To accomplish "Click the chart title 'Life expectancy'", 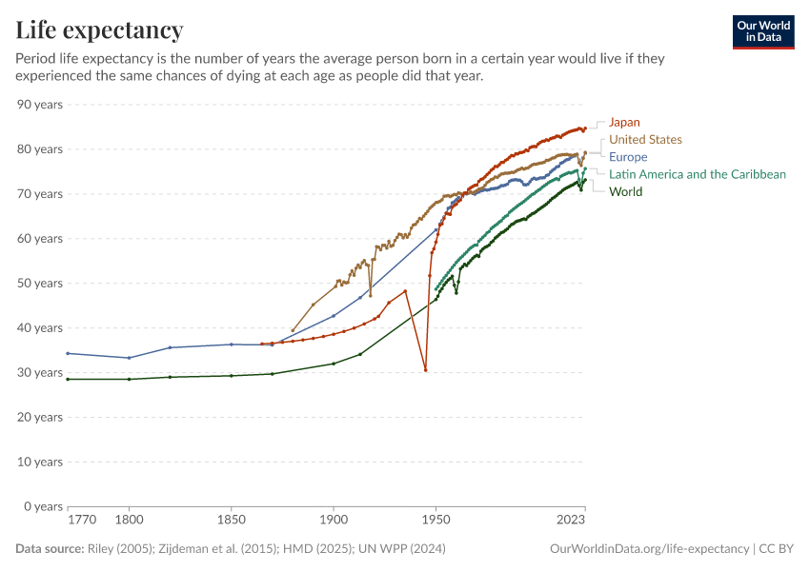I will [99, 30].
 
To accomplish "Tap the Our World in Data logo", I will [762, 31].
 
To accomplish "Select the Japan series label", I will [624, 122].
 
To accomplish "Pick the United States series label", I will [645, 140].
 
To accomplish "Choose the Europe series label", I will [628, 157].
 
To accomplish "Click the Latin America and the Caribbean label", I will [698, 174].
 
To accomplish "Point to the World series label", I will [626, 191].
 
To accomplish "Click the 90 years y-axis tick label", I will [40, 104].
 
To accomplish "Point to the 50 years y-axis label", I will [40, 283].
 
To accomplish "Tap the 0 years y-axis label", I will [43, 506].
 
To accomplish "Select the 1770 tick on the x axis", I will [82, 521].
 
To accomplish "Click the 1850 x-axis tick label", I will [231, 521].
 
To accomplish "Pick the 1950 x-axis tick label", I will [435, 521].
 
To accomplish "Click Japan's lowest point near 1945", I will [425, 370].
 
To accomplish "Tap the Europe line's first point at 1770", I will [68, 353].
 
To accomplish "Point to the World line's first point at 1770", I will [68, 379].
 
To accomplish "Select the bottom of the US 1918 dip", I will [371, 295].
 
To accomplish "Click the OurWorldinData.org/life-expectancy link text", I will [650, 549].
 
